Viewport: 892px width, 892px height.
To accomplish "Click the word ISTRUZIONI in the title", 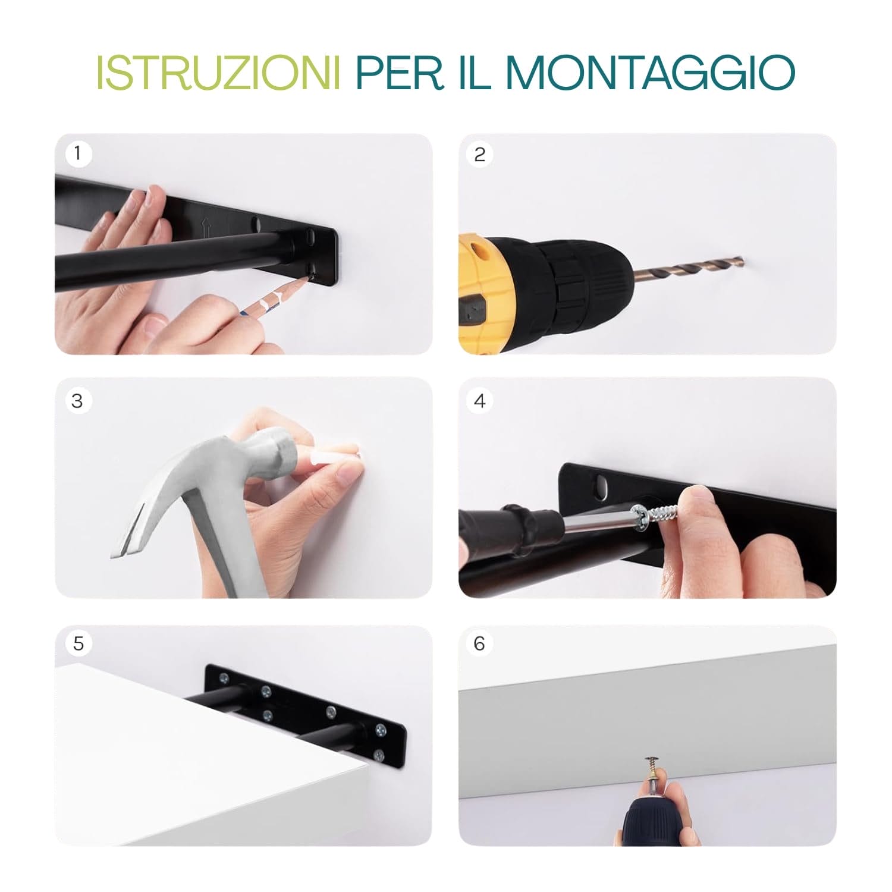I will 218,73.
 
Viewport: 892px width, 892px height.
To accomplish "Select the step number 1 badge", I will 77,155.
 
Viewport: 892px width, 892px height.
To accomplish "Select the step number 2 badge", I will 480,155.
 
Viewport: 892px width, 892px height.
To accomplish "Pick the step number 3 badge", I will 77,401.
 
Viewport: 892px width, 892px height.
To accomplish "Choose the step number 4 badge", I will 480,401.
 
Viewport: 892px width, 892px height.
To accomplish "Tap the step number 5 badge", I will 78,643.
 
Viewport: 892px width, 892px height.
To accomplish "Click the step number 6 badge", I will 480,643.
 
